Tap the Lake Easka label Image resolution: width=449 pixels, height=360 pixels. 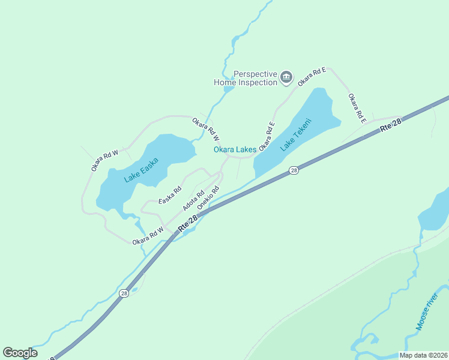click(x=141, y=170)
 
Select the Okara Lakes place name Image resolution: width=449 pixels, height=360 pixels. click(x=235, y=149)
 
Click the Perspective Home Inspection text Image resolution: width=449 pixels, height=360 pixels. click(x=246, y=78)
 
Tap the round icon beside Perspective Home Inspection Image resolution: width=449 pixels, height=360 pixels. click(x=286, y=77)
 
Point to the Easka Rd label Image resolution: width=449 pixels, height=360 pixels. click(x=170, y=195)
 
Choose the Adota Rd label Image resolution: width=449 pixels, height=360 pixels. click(x=193, y=201)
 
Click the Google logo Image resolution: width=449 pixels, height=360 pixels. click(x=20, y=352)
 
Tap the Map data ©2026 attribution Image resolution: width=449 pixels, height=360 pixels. click(x=423, y=355)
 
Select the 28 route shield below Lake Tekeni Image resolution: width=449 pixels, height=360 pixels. click(x=294, y=170)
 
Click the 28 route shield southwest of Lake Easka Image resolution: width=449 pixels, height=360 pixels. click(x=123, y=293)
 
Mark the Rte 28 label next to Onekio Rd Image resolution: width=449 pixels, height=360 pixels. click(x=187, y=225)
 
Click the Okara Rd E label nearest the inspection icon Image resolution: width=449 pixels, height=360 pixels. click(x=312, y=76)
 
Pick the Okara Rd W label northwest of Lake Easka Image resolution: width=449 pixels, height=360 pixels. click(x=105, y=160)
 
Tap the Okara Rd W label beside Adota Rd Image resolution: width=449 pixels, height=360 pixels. click(x=148, y=235)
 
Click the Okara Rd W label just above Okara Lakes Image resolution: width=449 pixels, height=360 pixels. click(x=205, y=129)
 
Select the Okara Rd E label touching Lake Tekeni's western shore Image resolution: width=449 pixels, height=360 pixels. click(x=267, y=136)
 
